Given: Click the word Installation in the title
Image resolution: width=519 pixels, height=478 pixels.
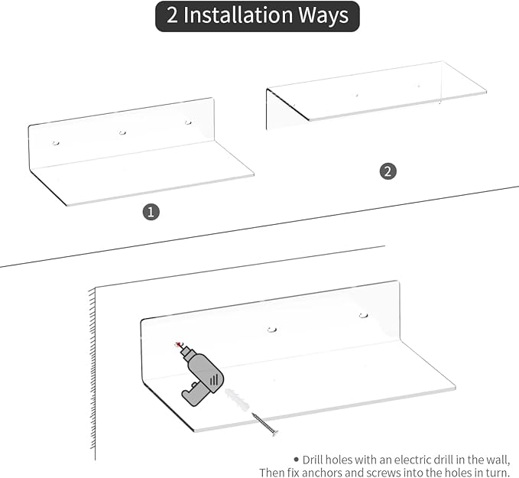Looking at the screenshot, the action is pyautogui.click(x=238, y=15).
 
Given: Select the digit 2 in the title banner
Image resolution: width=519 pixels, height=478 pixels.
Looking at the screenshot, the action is pyautogui.click(x=172, y=15).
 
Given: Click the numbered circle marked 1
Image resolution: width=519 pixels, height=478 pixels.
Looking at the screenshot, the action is pyautogui.click(x=151, y=212).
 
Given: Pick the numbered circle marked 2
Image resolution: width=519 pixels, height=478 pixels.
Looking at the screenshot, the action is pyautogui.click(x=388, y=171).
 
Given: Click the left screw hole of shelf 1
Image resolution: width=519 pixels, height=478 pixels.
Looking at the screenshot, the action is pyautogui.click(x=56, y=143).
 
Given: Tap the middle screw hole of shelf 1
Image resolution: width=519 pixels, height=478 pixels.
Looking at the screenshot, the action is pyautogui.click(x=122, y=132).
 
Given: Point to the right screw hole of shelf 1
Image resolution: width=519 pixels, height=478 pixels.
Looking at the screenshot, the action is pyautogui.click(x=188, y=122).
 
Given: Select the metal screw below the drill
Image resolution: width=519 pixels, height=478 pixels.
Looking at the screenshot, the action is pyautogui.click(x=264, y=424).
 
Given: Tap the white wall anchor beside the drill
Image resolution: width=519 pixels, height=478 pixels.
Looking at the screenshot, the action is pyautogui.click(x=237, y=400).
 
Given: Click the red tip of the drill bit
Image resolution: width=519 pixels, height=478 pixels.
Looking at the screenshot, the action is pyautogui.click(x=179, y=344).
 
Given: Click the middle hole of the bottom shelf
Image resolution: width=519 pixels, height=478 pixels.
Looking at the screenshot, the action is pyautogui.click(x=272, y=330).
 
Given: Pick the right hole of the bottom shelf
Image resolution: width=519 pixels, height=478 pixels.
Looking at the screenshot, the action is pyautogui.click(x=363, y=315).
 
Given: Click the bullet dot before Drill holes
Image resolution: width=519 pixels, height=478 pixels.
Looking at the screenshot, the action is pyautogui.click(x=296, y=459).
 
